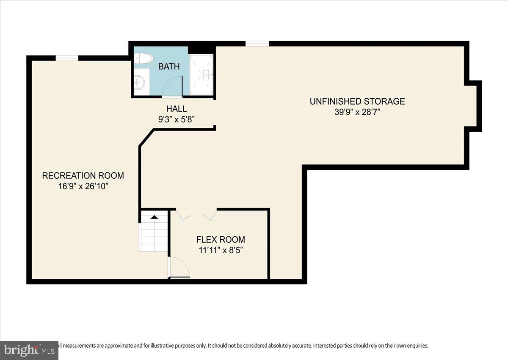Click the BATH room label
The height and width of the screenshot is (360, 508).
tap(169, 66)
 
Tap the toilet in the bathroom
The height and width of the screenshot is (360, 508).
tap(143, 58)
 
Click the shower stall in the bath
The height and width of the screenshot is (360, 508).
tap(202, 74)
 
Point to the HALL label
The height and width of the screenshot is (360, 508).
tap(177, 109)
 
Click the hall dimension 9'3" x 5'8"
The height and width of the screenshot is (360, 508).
tap(177, 119)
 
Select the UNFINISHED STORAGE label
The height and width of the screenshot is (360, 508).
tap(357, 101)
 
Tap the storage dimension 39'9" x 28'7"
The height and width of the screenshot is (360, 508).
tap(357, 112)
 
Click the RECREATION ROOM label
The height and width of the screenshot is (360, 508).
tap(83, 176)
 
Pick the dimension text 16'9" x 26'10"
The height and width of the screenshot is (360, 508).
tap(83, 186)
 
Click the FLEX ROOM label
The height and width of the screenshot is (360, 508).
tap(221, 240)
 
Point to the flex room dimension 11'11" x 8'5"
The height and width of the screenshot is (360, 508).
tap(221, 250)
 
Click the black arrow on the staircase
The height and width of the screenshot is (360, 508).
tap(155, 217)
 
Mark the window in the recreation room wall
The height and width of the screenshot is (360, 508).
tap(67, 58)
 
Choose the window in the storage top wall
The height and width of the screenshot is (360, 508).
tap(257, 44)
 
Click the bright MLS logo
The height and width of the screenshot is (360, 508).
tap(29, 350)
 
